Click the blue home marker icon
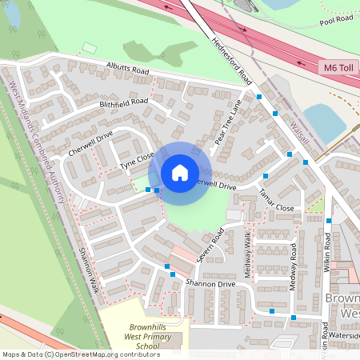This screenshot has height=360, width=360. [180, 172]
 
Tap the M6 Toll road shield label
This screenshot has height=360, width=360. [338, 68]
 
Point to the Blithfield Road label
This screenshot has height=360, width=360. [124, 103]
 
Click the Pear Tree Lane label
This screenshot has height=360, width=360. [228, 124]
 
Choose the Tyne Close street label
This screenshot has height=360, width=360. [136, 161]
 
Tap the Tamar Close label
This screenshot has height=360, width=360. [277, 200]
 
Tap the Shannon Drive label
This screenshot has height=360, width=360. [210, 284]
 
